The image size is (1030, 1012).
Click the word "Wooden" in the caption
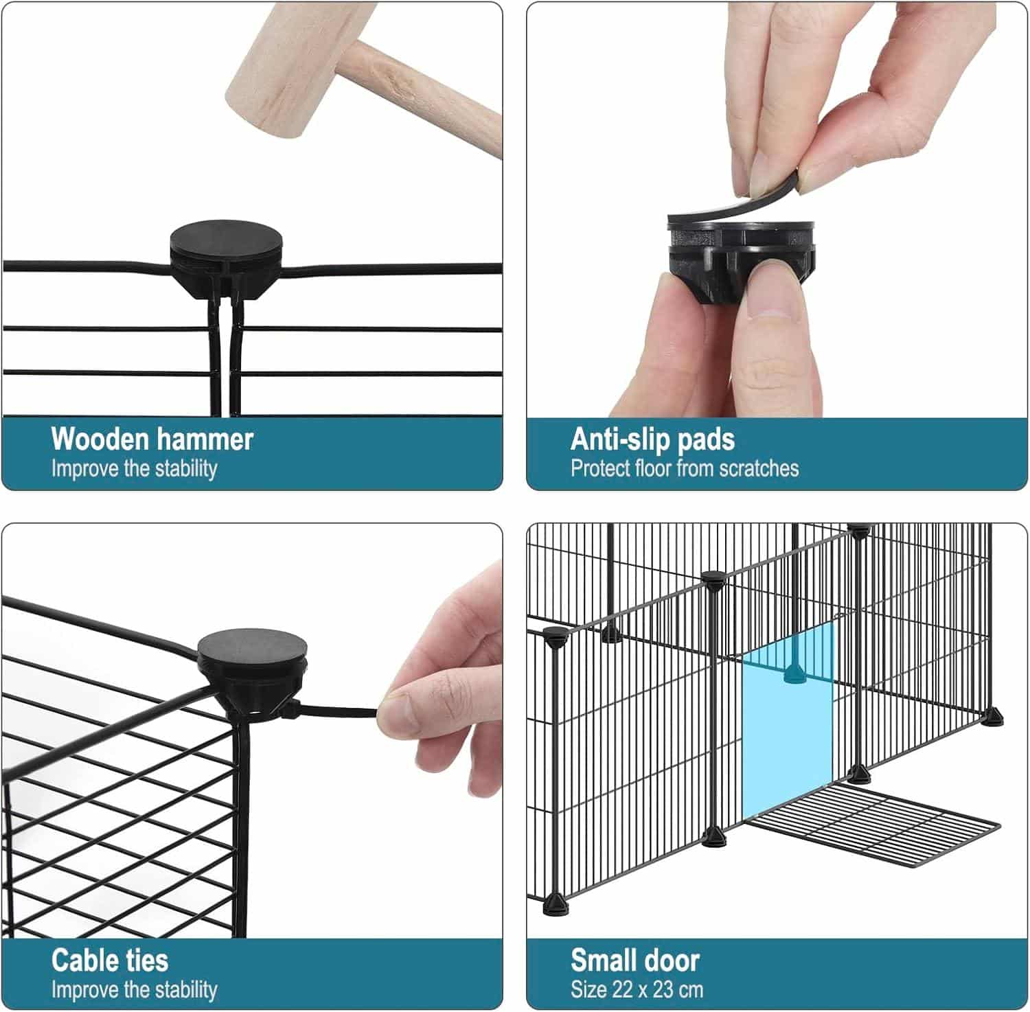click(99, 439)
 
